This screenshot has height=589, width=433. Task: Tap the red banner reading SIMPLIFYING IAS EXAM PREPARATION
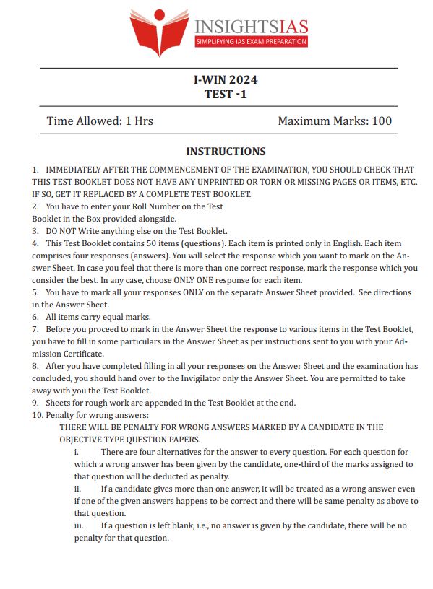click(252, 43)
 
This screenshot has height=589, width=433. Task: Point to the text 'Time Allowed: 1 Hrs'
click(100, 121)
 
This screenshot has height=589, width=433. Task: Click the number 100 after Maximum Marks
click(381, 121)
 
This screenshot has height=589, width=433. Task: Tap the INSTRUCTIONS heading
click(226, 152)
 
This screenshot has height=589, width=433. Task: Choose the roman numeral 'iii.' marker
click(79, 525)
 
